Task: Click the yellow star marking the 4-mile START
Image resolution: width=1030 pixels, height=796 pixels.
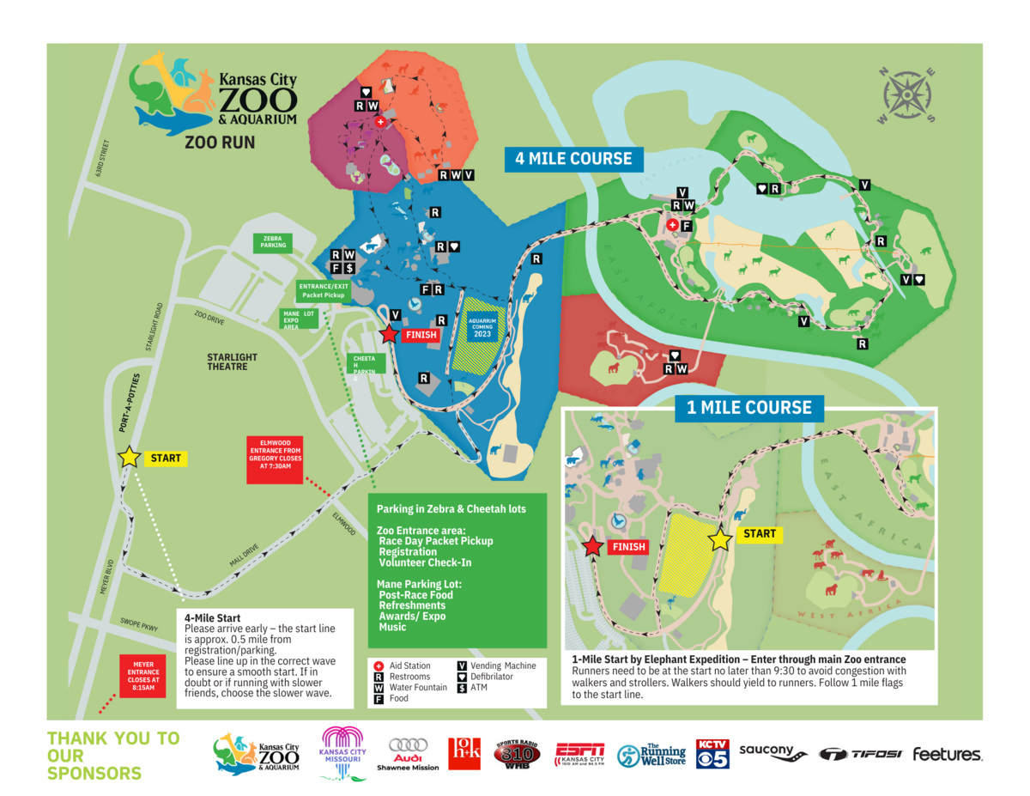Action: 130,457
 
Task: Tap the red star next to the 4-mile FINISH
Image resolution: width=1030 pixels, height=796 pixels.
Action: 389,335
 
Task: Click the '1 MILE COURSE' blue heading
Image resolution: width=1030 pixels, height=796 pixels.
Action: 748,407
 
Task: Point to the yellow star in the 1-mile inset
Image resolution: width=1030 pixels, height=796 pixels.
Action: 720,539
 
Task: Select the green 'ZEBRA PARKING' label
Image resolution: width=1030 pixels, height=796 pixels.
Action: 273,243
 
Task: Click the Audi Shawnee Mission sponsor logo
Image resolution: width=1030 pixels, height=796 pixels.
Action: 408,754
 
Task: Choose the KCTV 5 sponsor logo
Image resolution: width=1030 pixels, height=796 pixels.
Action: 712,753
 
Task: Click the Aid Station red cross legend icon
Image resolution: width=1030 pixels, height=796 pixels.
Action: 380,665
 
